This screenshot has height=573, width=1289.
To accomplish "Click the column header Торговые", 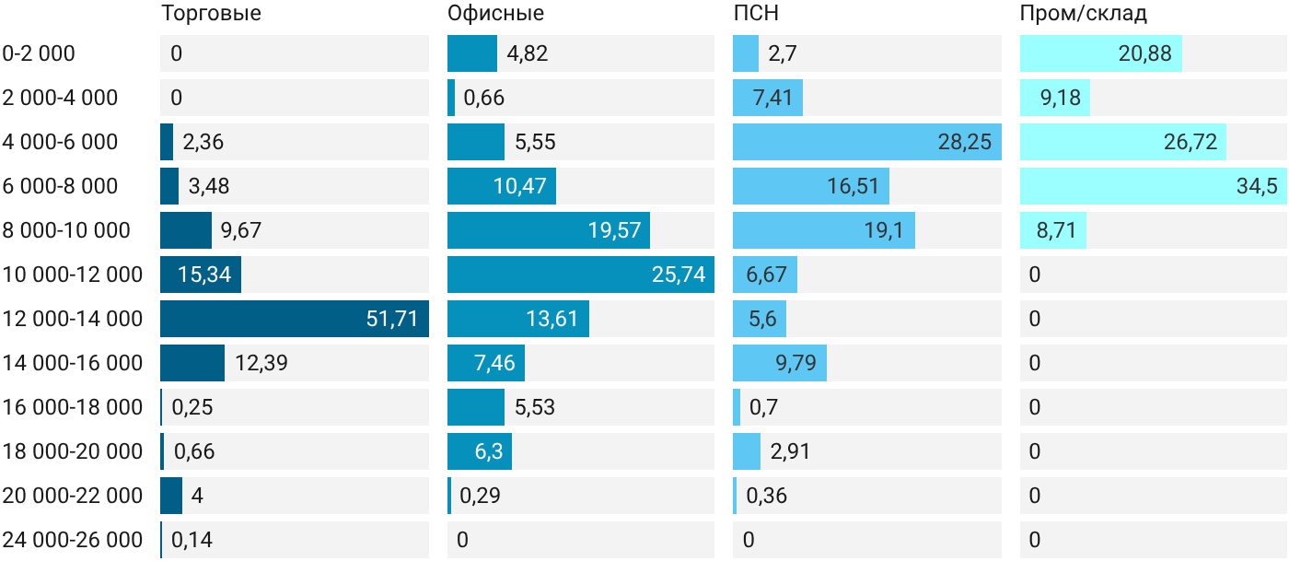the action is tap(211, 13).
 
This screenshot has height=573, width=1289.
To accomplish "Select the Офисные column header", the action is tap(495, 13).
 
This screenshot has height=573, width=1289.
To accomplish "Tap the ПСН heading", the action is tap(756, 13).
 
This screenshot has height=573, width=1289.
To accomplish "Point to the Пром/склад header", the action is tap(1084, 13).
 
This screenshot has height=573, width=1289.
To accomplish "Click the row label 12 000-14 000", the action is tap(73, 319).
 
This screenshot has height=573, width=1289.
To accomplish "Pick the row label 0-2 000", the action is tap(39, 53).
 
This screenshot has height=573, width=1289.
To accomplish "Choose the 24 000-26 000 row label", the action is tap(73, 540).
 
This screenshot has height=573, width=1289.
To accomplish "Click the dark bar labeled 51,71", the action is tap(295, 319).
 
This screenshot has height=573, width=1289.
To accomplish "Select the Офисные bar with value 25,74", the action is tap(581, 275).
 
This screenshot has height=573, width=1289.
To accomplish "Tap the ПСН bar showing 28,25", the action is tap(867, 142).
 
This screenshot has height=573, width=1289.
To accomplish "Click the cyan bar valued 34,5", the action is tap(1153, 186).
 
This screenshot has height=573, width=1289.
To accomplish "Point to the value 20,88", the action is tap(1144, 53).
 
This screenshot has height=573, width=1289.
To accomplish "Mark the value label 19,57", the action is tap(614, 230).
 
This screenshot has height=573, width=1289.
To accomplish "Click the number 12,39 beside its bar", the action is tap(261, 363).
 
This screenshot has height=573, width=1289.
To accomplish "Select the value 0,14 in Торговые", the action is tap(192, 540).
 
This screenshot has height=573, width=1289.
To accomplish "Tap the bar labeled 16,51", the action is tap(811, 186).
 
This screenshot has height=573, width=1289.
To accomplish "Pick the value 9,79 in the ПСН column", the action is tap(795, 363).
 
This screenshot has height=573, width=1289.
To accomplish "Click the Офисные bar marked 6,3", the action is tap(480, 450).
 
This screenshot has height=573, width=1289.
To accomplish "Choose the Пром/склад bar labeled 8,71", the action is tap(1053, 230).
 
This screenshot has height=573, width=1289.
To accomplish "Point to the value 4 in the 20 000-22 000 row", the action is tap(197, 496).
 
